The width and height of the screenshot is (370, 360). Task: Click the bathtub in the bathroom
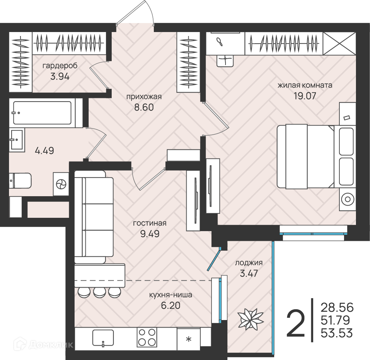click(42, 113)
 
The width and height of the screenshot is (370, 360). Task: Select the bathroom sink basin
click(17, 140)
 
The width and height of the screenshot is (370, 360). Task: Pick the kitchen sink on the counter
click(103, 338)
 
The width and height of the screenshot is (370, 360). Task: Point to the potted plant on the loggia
click(250, 320)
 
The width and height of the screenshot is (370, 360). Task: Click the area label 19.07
click(305, 96)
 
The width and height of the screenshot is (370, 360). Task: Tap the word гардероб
click(60, 66)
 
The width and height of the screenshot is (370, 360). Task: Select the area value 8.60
click(144, 107)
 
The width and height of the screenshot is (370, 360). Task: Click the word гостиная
click(150, 223)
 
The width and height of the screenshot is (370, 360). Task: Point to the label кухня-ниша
click(171, 295)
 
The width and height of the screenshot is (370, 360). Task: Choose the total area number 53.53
click(337, 333)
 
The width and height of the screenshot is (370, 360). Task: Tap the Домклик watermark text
click(51, 345)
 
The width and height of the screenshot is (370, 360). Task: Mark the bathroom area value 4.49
click(44, 150)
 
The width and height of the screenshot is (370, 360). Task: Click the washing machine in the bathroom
click(61, 184)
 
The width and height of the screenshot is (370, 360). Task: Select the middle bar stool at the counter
click(99, 293)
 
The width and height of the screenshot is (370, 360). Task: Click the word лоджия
click(249, 263)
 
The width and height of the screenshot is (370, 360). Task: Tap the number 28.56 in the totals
click(337, 307)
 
